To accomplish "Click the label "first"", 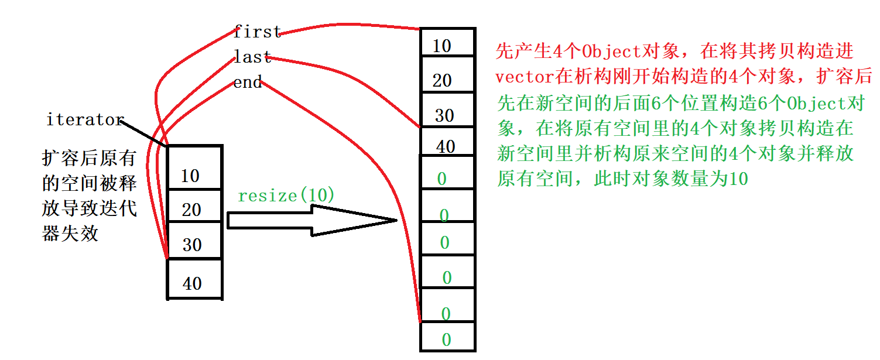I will (257, 32).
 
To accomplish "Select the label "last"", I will (252, 57).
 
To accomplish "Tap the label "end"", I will (248, 83).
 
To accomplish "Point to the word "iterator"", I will (85, 120).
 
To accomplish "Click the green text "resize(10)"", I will (286, 196).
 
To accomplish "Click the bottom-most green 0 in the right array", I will (447, 340).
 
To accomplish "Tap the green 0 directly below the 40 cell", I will (443, 179).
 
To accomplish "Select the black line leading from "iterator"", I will (145, 133).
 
